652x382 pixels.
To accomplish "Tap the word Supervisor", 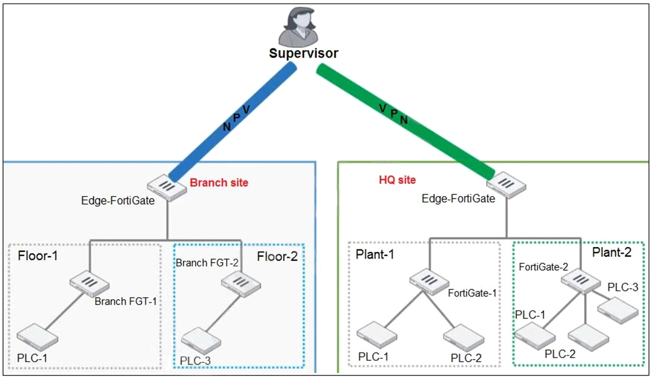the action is click(x=304, y=53).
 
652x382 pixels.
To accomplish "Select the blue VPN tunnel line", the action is click(x=233, y=122).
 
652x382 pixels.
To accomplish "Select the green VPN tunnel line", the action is click(x=405, y=122).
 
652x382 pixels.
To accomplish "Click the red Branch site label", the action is click(x=219, y=183).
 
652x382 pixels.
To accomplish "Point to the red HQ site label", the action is click(x=397, y=180).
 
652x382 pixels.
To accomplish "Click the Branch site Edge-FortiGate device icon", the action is click(x=167, y=188).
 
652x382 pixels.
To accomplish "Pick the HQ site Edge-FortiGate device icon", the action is click(x=506, y=185).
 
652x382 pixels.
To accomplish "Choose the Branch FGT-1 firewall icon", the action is click(x=90, y=284).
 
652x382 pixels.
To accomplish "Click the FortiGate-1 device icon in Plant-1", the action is click(x=429, y=282).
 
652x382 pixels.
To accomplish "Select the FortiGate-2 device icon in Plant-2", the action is click(x=581, y=281).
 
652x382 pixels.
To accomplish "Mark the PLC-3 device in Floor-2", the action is click(x=201, y=341).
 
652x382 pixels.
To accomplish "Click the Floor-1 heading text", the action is click(x=38, y=255).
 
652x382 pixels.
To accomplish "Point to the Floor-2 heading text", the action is click(x=278, y=257).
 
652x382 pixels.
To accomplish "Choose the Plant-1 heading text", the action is click(x=374, y=254).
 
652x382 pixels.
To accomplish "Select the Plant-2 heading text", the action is click(x=611, y=252).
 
